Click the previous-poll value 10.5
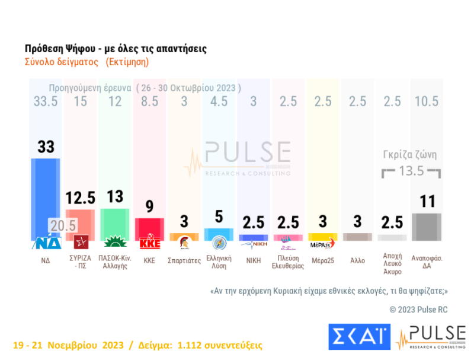point(426,101)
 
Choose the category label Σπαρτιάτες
point(184,260)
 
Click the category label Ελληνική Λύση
point(219,263)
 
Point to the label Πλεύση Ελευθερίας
point(288,263)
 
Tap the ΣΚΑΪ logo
point(358,337)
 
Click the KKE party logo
point(149,243)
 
